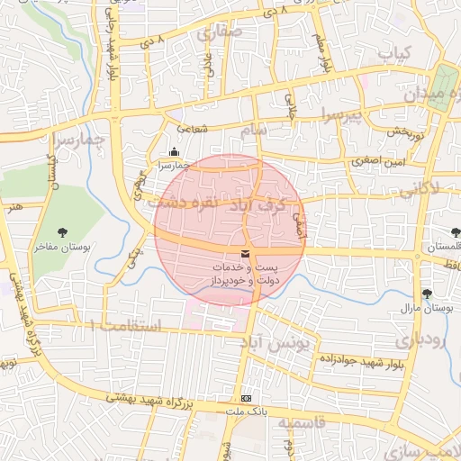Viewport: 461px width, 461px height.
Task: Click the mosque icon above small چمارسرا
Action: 174,153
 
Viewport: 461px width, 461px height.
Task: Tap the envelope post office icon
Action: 246,256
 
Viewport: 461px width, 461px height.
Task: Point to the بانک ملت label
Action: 248,410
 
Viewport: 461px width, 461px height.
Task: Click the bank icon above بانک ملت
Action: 247,398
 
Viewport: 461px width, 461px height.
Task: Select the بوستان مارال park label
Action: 424,308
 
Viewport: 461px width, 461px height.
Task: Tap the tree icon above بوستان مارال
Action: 427,294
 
